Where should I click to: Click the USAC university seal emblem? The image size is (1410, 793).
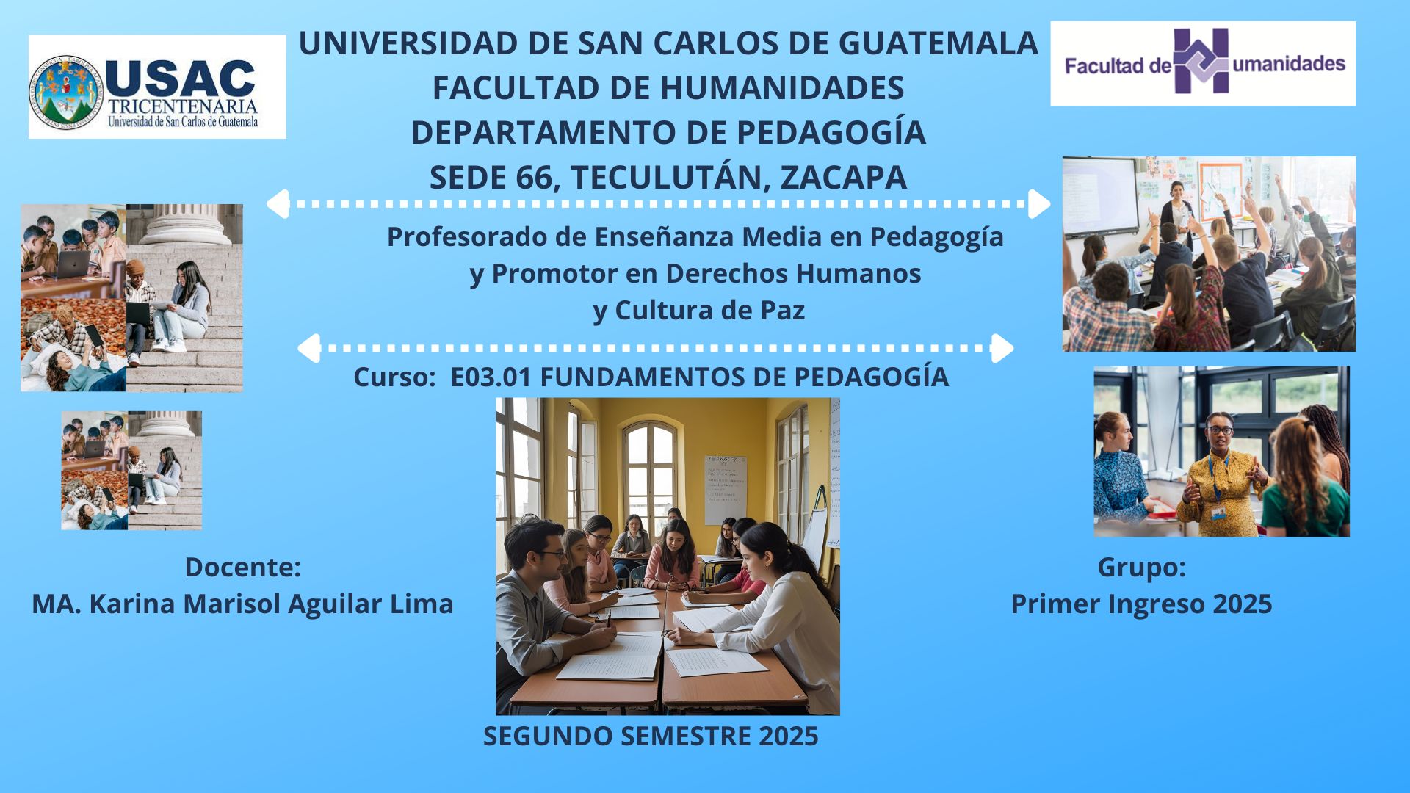point(67,93)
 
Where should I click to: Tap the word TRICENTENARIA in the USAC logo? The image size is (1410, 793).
point(183,106)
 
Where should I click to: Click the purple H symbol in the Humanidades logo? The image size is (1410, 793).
point(1201,61)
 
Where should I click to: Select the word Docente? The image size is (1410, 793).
point(242,567)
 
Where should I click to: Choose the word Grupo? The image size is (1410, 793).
point(1141,567)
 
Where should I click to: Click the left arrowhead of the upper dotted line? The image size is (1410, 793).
point(277,204)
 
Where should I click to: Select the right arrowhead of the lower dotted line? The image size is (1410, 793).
point(1002,348)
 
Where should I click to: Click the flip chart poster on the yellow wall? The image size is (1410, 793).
point(725,490)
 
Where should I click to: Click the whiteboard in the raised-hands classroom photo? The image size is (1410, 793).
point(1100,196)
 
